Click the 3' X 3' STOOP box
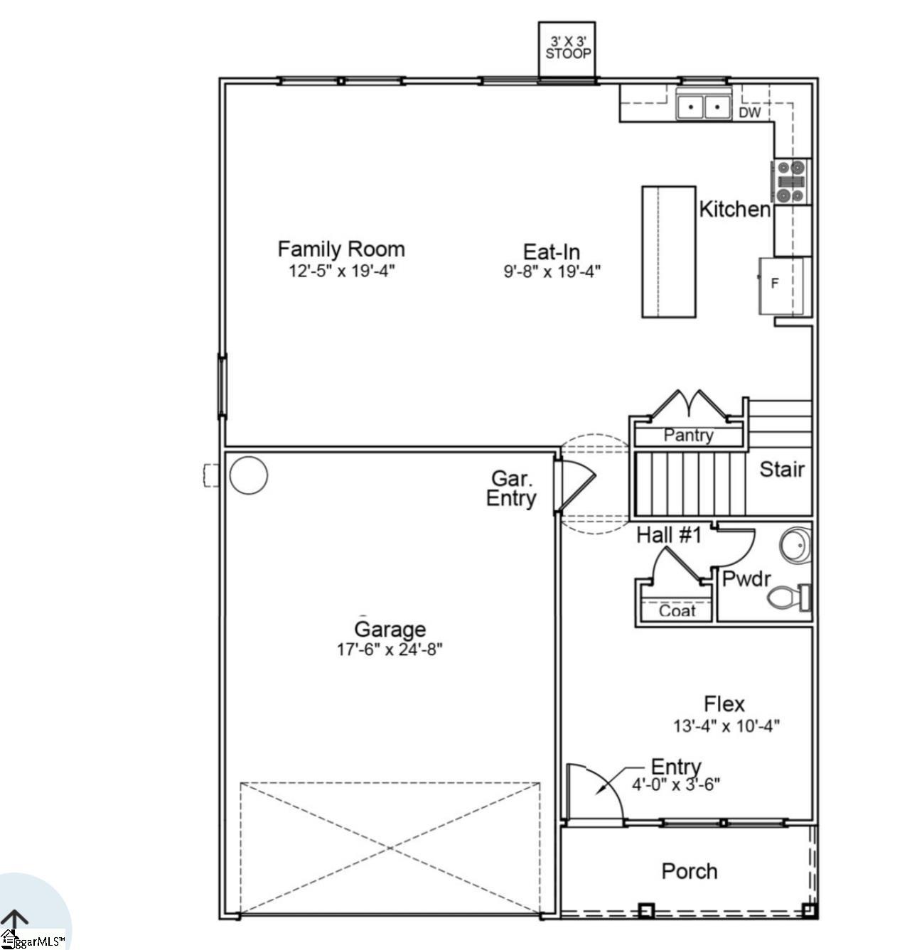point(567,48)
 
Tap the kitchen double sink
point(704,107)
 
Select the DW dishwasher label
point(749,112)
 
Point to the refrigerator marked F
point(781,285)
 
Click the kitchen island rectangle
point(668,252)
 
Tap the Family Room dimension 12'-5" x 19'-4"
point(341,271)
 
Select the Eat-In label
point(552,252)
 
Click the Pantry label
point(688,435)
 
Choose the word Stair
point(782,469)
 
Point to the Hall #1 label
point(668,534)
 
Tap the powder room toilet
point(789,598)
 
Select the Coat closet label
point(677,610)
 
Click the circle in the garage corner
point(249,475)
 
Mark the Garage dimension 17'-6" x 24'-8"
point(390,649)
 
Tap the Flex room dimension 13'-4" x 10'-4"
point(726,726)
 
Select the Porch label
point(689,871)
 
